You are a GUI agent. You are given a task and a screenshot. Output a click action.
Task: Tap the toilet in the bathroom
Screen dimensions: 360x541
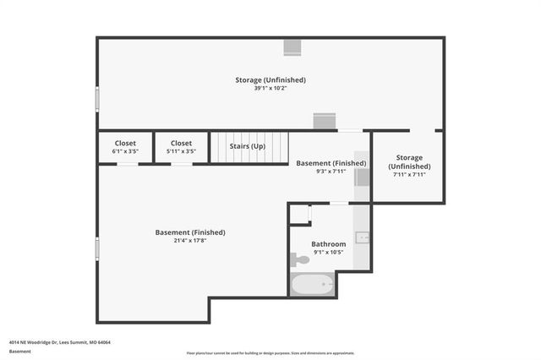(300, 259)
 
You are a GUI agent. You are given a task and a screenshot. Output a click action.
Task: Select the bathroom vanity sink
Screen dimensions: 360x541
(362, 237)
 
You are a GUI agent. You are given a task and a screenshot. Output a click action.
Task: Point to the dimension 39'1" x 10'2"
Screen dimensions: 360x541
(270, 90)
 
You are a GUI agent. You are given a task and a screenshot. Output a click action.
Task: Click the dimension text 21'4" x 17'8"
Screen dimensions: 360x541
(190, 241)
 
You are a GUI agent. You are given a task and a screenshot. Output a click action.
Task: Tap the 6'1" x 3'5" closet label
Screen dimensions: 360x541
(125, 152)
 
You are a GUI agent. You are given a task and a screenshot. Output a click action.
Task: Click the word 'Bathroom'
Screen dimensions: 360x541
(328, 244)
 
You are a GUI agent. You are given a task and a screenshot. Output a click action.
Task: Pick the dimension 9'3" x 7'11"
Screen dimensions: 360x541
(331, 172)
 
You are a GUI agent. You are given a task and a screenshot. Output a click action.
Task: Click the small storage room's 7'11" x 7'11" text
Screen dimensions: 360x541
(409, 175)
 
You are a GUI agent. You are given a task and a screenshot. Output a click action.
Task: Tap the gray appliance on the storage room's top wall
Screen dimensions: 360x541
(292, 47)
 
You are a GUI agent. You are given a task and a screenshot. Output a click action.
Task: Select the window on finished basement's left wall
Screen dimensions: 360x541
(97, 248)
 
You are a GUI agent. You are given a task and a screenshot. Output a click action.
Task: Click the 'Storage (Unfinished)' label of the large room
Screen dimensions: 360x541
(270, 80)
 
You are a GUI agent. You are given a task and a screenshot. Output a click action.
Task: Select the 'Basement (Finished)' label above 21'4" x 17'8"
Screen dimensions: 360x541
(190, 232)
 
